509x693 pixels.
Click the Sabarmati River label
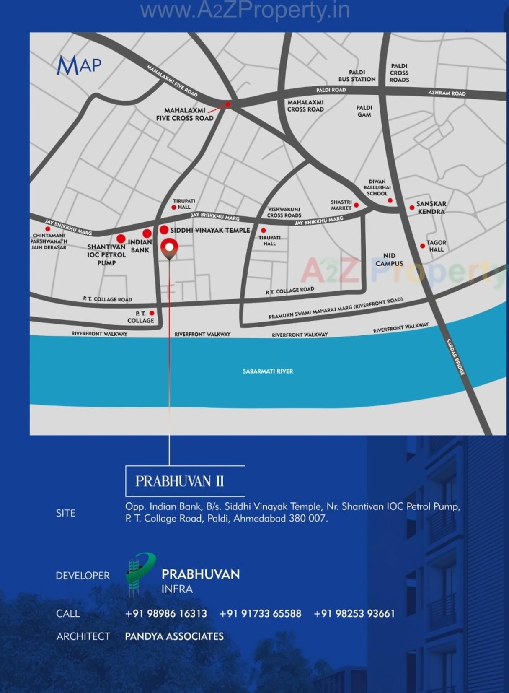click(268, 371)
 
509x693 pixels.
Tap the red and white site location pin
click(169, 247)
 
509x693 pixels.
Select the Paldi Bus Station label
click(357, 76)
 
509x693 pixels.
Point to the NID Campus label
click(389, 260)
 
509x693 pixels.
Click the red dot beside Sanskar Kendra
click(412, 208)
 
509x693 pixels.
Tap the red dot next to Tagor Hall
click(423, 246)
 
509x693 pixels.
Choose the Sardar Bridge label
click(455, 357)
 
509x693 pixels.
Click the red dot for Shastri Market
click(357, 205)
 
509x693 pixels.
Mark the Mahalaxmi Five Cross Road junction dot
click(228, 104)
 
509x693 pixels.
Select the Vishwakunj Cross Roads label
click(284, 212)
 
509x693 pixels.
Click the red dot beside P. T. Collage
click(152, 313)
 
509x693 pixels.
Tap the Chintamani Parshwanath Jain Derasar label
click(49, 241)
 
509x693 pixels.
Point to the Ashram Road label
click(447, 93)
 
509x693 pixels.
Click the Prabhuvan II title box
click(185, 481)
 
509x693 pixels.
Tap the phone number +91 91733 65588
click(260, 613)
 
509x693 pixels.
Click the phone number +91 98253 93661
click(354, 613)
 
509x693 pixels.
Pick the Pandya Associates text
click(174, 636)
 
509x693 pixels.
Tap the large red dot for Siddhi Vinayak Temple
click(164, 230)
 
